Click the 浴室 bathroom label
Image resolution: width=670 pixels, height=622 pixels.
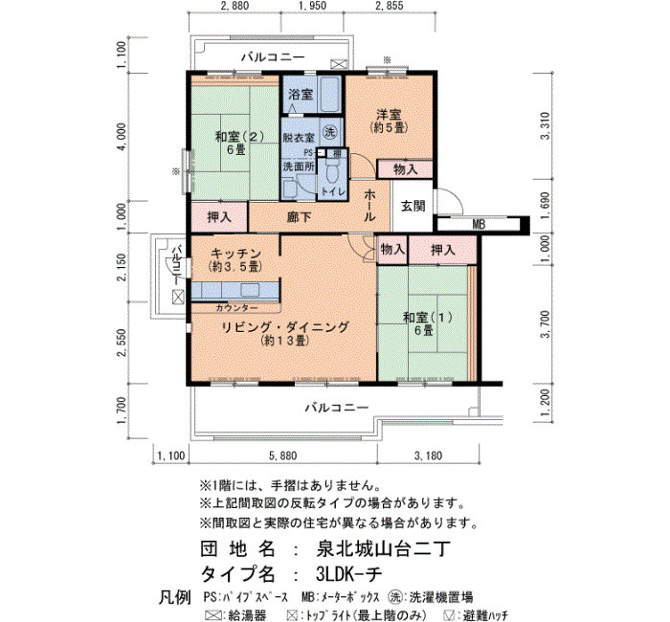pyautogui.click(x=301, y=95)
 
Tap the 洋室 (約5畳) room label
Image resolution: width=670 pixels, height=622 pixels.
pyautogui.click(x=389, y=121)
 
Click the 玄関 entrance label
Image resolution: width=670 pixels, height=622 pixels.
pyautogui.click(x=413, y=206)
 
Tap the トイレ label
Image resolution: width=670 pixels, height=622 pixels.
pyautogui.click(x=333, y=191)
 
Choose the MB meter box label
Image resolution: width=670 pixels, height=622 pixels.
pyautogui.click(x=479, y=224)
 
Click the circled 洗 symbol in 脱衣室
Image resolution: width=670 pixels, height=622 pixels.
pyautogui.click(x=329, y=132)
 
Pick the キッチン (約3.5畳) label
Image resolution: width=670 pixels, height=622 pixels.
pyautogui.click(x=235, y=259)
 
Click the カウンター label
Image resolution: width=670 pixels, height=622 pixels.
pyautogui.click(x=236, y=307)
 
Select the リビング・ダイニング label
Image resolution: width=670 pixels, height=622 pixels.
pyautogui.click(x=285, y=327)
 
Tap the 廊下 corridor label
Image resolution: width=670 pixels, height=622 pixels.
pyautogui.click(x=299, y=217)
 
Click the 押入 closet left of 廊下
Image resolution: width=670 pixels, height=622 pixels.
pyautogui.click(x=219, y=217)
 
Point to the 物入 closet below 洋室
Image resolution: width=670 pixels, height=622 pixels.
pyautogui.click(x=405, y=169)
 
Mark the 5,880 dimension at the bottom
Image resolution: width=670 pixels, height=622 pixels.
pyautogui.click(x=282, y=455)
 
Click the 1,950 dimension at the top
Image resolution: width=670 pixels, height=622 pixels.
pyautogui.click(x=312, y=6)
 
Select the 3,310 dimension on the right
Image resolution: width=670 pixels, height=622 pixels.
pyautogui.click(x=545, y=125)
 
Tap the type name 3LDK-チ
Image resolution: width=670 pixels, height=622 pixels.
pyautogui.click(x=348, y=574)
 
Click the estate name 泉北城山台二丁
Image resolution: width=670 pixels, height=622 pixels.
pyautogui.click(x=383, y=549)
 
